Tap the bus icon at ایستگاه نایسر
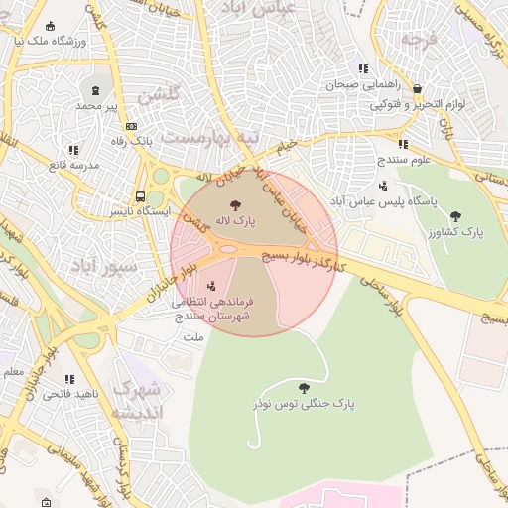point(140,196)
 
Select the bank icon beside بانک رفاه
point(132,126)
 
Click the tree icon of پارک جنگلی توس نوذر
point(303,388)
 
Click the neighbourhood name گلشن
point(159,95)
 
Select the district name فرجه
point(418,42)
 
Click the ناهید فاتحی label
point(68,394)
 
